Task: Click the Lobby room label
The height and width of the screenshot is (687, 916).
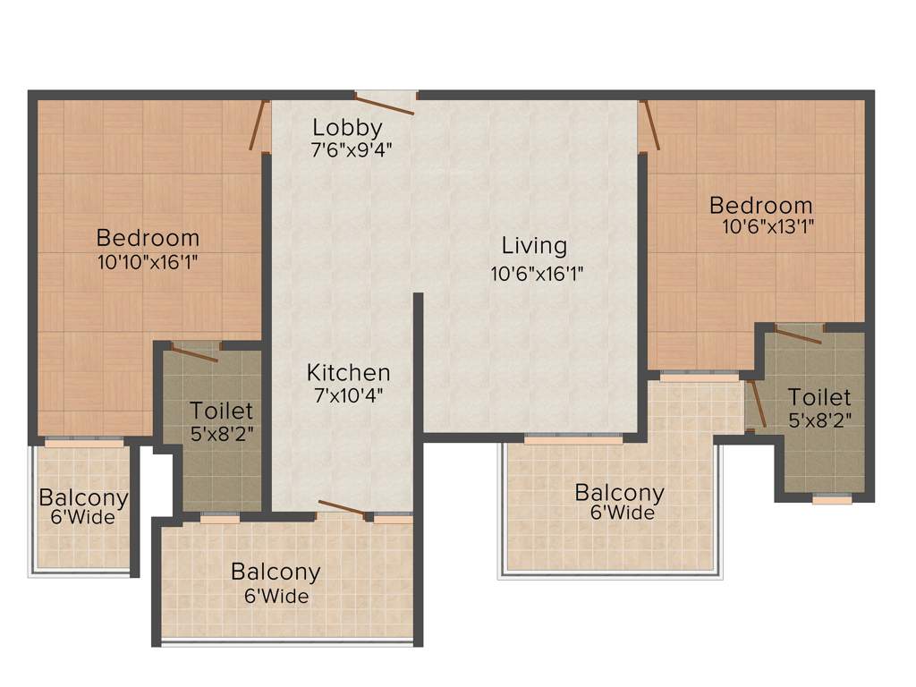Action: pos(347,127)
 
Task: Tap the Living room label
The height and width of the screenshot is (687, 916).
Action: pos(534,245)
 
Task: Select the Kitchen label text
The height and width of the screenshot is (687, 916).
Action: pos(348,372)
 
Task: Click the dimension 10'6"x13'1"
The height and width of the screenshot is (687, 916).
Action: pos(768,226)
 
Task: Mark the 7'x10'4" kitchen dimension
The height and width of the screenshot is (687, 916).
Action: pos(348,394)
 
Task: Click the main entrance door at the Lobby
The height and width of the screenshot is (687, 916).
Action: pos(386,102)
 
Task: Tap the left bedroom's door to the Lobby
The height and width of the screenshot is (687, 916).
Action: pos(259,126)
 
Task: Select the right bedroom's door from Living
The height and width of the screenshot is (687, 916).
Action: pos(650,125)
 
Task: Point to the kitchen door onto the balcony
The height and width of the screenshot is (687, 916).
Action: pos(341,510)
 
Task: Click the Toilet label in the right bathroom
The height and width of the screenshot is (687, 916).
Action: pos(818,396)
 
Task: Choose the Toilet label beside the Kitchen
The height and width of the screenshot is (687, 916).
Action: pos(221,411)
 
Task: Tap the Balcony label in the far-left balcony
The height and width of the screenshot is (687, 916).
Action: pos(83,497)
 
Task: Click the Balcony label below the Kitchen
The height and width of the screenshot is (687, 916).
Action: pos(276,571)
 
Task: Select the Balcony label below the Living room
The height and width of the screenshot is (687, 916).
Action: pos(619,492)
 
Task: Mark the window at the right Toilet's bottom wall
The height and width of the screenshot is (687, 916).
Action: pos(832,498)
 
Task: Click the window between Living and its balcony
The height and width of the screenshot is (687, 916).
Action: pos(572,439)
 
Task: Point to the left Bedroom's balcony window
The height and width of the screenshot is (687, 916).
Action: pos(84,442)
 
